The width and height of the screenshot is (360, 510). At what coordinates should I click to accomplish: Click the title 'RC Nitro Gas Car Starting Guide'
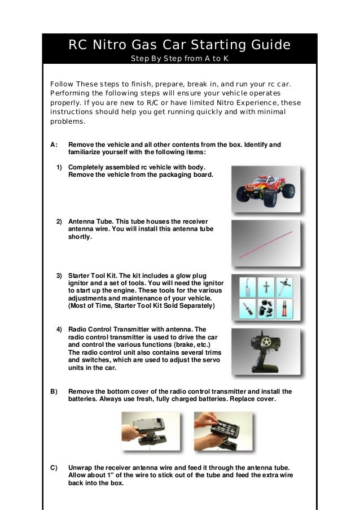click(x=179, y=45)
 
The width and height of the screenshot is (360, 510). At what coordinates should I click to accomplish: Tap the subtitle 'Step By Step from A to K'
click(x=179, y=59)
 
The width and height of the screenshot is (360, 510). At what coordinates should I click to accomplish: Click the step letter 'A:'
click(x=54, y=145)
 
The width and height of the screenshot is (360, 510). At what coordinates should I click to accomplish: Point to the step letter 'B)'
click(x=54, y=391)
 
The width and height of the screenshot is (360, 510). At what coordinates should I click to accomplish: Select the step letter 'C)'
click(x=54, y=468)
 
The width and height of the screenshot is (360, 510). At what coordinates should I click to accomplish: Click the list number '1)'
click(x=59, y=168)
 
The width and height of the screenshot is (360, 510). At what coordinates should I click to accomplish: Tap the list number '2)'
click(x=59, y=221)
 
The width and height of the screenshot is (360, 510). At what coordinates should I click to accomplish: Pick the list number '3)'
click(x=59, y=275)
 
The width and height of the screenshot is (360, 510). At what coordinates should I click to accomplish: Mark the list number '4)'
click(x=59, y=329)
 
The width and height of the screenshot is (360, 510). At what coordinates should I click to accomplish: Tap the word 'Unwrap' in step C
click(x=80, y=468)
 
